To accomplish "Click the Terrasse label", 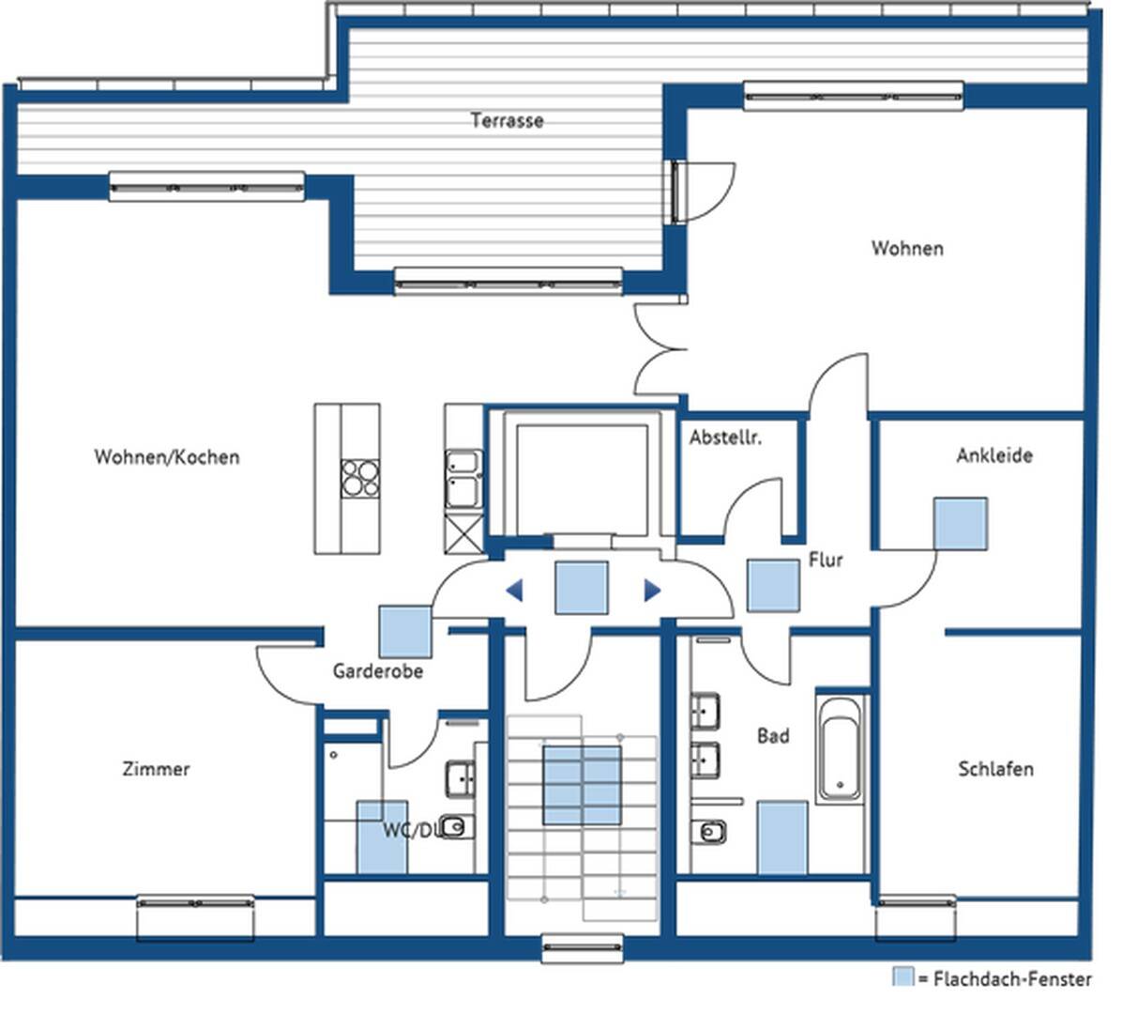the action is tap(507, 119).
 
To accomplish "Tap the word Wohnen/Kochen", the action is tap(167, 457).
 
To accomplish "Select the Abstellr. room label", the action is tap(725, 438).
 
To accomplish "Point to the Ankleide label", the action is tap(994, 455).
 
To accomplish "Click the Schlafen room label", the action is tap(995, 769).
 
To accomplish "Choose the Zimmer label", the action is tap(156, 769).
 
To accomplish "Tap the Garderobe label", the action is tap(377, 671).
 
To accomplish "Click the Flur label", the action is tap(826, 560).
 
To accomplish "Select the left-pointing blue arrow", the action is tap(514, 591).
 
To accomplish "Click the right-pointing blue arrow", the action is tap(652, 591).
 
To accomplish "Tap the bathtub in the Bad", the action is tap(840, 748).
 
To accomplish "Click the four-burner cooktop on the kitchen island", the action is tap(359, 478).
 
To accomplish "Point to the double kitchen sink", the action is tap(464, 479).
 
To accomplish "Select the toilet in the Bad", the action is tap(709, 832).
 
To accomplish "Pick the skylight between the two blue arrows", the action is tap(583, 588).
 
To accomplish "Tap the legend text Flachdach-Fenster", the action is tap(1012, 979).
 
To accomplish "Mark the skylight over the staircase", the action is tap(582, 786).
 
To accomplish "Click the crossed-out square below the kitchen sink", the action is tap(463, 531).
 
